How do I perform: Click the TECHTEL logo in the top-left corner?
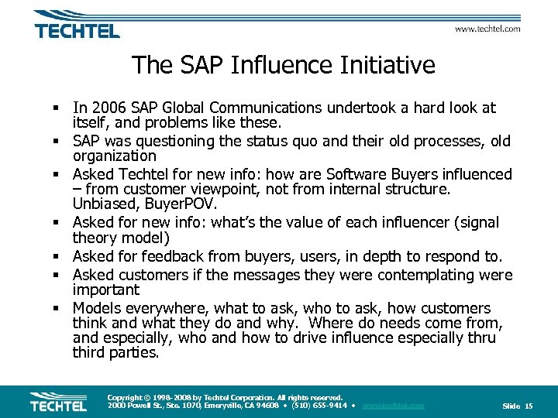[77, 26]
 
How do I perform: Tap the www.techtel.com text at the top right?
[487, 29]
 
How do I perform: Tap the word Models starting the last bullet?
[96, 308]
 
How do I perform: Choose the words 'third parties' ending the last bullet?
[115, 353]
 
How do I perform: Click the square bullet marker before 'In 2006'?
[57, 108]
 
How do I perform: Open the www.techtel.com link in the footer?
[393, 406]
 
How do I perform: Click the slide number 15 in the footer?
[529, 406]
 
